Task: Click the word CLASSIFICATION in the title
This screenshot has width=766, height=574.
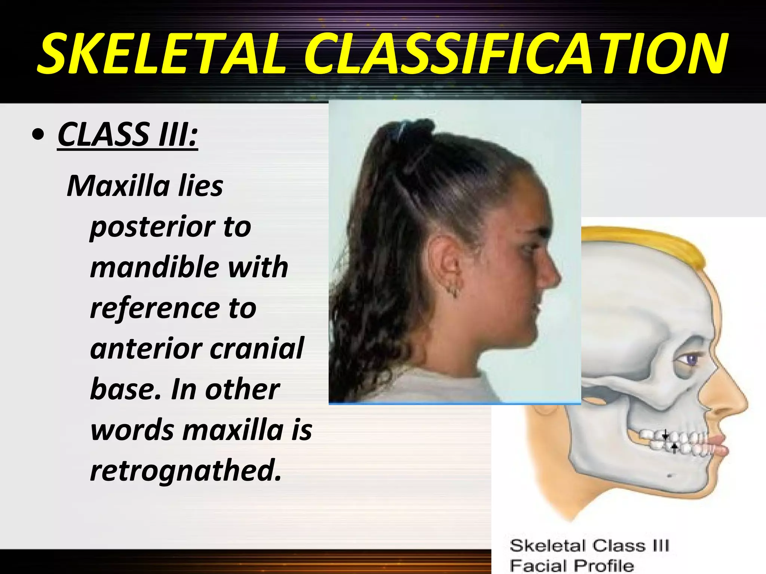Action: point(516,53)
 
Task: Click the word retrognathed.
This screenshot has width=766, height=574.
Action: point(185,470)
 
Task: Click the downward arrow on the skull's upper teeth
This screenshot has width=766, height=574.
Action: point(665,435)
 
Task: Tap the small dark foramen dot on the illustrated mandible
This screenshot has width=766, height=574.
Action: point(670,476)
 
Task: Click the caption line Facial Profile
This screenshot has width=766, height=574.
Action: point(572,565)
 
